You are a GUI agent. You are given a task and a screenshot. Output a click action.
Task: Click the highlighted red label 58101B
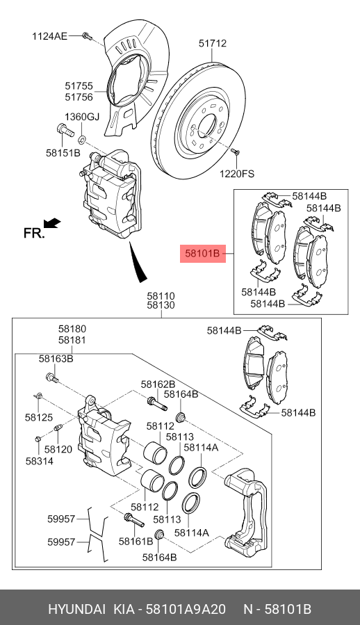coord(202,255)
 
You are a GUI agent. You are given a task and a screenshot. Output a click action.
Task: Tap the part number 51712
coord(212,43)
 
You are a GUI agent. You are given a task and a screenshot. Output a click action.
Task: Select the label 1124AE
coord(49,35)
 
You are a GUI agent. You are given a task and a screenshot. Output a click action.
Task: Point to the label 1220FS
coord(238,174)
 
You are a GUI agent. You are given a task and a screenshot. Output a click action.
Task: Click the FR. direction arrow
coord(51,223)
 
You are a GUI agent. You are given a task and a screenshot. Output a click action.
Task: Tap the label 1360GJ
coord(83,117)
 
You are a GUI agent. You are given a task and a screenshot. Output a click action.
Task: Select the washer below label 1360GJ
coord(82,131)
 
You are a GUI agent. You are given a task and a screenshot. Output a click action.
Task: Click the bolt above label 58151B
coord(61,130)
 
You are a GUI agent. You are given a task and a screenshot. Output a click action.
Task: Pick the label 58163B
coord(56,359)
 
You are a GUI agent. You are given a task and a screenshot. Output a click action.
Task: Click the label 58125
coord(39,417)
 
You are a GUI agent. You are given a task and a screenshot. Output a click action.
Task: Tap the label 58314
coord(39,461)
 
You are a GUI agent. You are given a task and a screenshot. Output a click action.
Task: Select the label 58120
coord(58,449)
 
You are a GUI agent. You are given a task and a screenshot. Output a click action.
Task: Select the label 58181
coord(72,340)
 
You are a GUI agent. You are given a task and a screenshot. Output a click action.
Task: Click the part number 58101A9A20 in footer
coord(185,610)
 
